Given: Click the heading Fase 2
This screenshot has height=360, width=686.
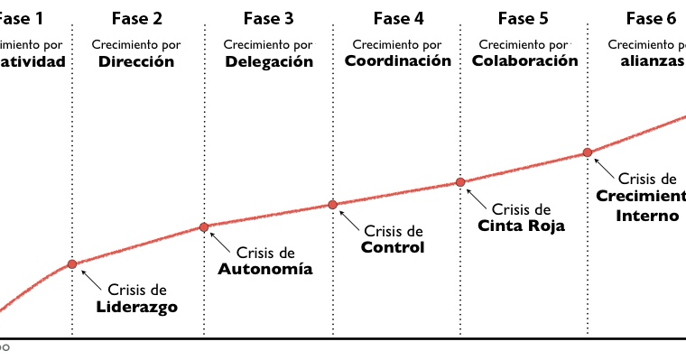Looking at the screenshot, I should (x=137, y=19).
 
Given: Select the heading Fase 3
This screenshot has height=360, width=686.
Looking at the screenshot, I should (x=268, y=19).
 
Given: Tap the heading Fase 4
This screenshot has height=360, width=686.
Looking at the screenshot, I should (x=398, y=18).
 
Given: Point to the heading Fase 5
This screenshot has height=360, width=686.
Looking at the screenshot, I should (x=523, y=18).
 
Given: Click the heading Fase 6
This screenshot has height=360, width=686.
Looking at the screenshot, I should (x=651, y=18).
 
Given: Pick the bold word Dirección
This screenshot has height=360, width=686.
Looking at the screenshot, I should (x=137, y=62).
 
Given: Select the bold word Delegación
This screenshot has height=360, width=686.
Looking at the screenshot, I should (x=269, y=62).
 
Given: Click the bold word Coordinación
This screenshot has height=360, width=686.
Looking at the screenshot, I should (x=398, y=61).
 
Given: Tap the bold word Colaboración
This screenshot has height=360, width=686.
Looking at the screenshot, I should (x=524, y=61).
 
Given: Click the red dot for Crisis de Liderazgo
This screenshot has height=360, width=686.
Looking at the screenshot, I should (x=72, y=264).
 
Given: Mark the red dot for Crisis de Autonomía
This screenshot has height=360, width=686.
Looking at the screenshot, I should (x=204, y=227).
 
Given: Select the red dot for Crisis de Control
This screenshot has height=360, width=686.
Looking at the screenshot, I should (x=332, y=205).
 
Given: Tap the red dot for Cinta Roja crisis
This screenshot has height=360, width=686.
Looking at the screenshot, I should (x=459, y=182).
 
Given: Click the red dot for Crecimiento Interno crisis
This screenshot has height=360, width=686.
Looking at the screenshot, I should (x=588, y=152).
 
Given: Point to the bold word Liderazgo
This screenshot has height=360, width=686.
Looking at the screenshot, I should (x=137, y=307).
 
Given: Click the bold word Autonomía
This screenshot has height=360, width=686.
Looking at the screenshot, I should (x=265, y=269).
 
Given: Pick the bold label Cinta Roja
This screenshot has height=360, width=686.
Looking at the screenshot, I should (x=521, y=226).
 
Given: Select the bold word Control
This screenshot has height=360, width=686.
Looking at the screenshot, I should (x=393, y=247).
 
